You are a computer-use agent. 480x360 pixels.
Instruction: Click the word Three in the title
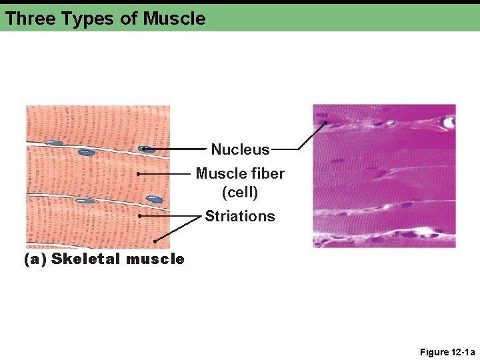pyautogui.click(x=30, y=19)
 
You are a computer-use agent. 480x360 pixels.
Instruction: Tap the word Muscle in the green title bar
pyautogui.click(x=174, y=19)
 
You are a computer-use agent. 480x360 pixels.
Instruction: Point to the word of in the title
pyautogui.click(x=129, y=19)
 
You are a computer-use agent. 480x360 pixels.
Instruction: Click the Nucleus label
pyautogui.click(x=240, y=149)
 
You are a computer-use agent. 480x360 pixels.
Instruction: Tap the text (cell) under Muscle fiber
pyautogui.click(x=240, y=192)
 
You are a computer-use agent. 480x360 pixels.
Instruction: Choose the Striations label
pyautogui.click(x=240, y=216)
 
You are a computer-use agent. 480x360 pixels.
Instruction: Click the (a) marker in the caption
pyautogui.click(x=35, y=259)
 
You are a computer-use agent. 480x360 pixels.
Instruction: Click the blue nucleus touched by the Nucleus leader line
pyautogui.click(x=145, y=149)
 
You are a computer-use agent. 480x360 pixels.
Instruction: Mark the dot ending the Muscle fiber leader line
pyautogui.click(x=138, y=173)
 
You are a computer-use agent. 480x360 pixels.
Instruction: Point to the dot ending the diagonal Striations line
pyautogui.click(x=155, y=241)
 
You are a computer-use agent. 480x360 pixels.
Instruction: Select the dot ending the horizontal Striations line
pyautogui.click(x=140, y=216)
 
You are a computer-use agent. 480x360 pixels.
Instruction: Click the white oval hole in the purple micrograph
pyautogui.click(x=449, y=123)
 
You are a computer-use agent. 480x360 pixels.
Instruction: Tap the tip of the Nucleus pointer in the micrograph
pyautogui.click(x=325, y=122)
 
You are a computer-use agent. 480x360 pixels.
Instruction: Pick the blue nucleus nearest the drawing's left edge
pyautogui.click(x=55, y=143)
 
